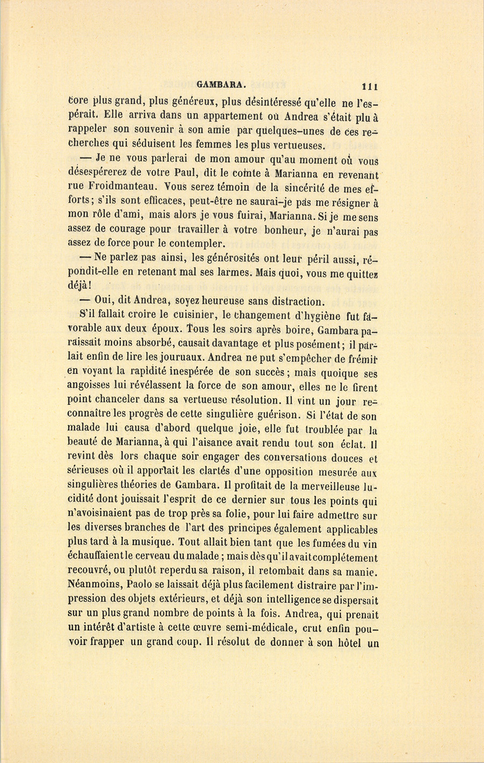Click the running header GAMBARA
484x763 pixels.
coord(222,84)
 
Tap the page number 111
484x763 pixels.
coord(371,85)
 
